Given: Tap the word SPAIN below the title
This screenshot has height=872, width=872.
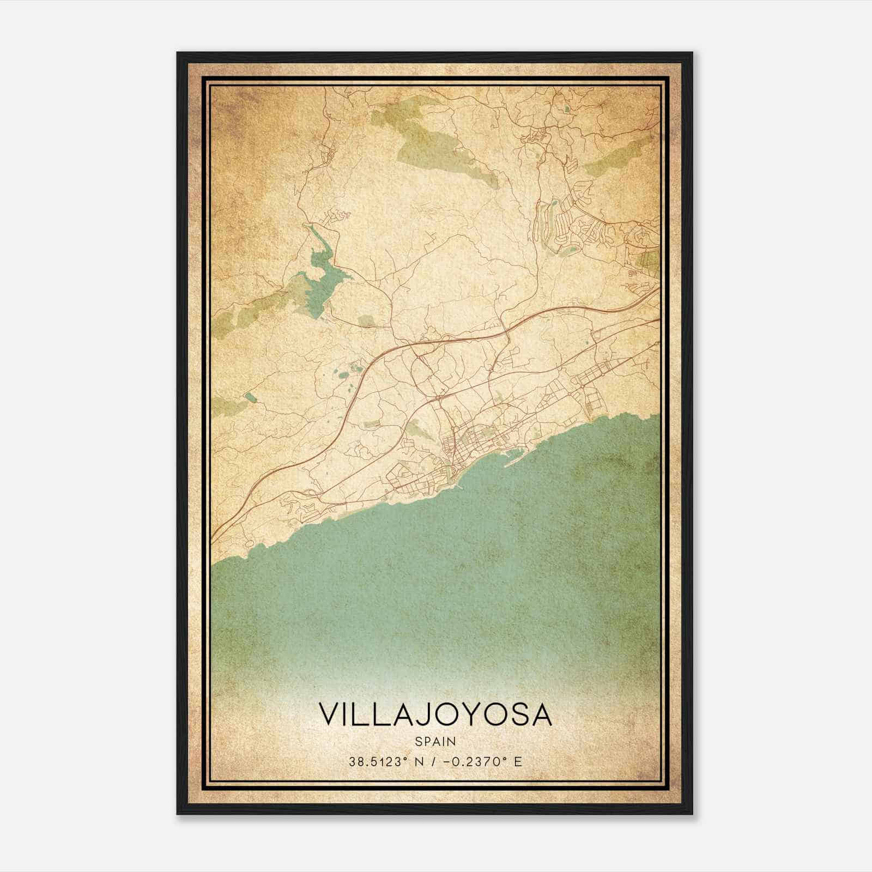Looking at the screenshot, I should point(435,741).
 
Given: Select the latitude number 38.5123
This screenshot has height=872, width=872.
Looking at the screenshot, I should point(376,761).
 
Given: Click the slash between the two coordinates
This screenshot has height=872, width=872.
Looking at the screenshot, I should point(433,761).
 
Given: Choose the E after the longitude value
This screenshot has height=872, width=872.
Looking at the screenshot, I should point(518,761).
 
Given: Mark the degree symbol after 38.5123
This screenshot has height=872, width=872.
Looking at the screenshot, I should point(405,759).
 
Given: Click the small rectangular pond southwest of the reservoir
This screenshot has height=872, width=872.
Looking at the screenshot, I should point(249,396).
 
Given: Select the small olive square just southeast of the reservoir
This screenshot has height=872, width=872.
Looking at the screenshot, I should point(366,320).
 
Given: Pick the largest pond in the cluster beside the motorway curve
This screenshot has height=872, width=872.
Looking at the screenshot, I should point(343,374).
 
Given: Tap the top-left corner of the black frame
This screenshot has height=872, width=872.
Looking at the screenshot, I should point(178,53).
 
